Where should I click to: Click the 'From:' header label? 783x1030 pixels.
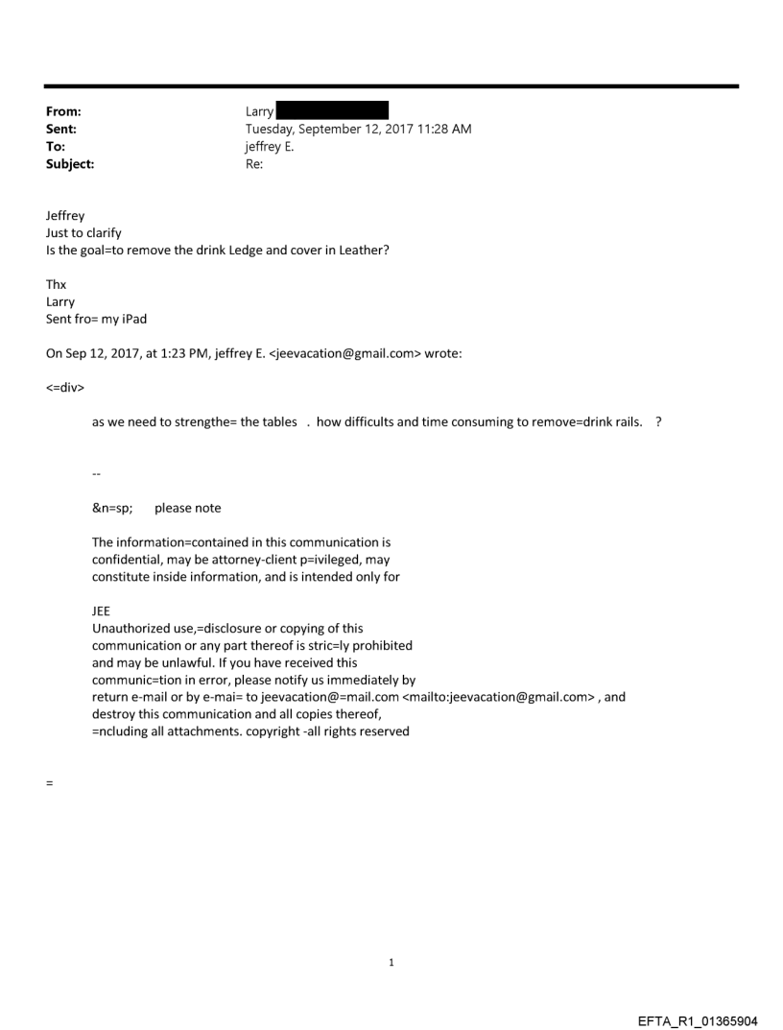pyautogui.click(x=63, y=111)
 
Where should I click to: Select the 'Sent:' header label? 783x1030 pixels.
pyautogui.click(x=61, y=129)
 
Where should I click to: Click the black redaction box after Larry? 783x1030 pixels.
pyautogui.click(x=332, y=110)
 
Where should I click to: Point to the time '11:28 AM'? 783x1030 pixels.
pyautogui.click(x=444, y=129)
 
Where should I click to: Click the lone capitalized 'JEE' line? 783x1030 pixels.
pyautogui.click(x=101, y=611)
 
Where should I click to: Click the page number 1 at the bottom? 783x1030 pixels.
pyautogui.click(x=391, y=962)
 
